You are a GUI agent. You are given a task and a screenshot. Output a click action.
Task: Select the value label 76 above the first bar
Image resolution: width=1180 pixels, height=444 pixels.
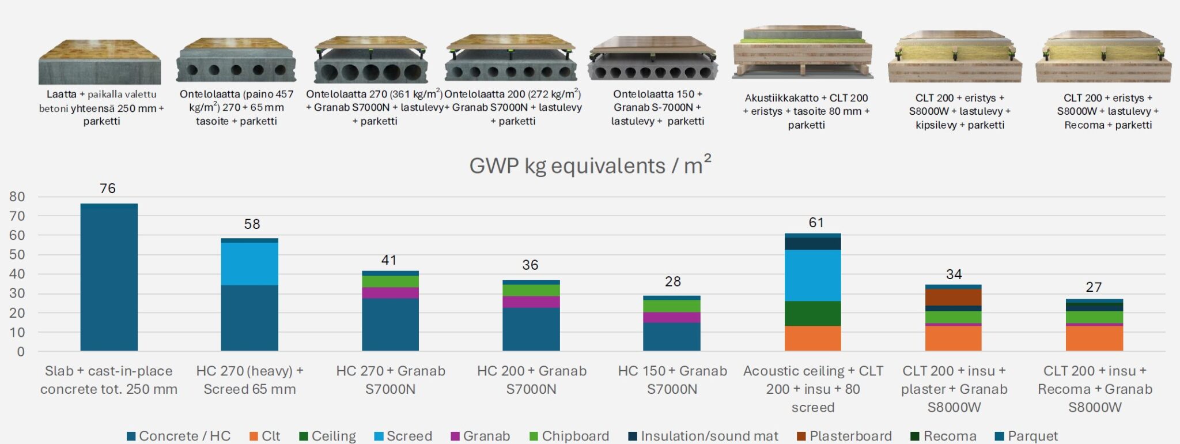pyautogui.click(x=108, y=189)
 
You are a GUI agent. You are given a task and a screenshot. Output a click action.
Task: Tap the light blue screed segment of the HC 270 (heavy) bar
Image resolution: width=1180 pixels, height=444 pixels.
pyautogui.click(x=249, y=264)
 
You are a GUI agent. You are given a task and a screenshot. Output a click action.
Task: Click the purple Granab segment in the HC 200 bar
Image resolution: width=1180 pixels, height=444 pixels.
pyautogui.click(x=531, y=302)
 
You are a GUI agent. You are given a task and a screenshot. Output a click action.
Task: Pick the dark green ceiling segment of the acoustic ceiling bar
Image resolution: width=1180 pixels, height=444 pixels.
pyautogui.click(x=812, y=313)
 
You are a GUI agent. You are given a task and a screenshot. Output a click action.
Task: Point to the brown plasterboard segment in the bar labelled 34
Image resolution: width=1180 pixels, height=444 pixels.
pyautogui.click(x=953, y=297)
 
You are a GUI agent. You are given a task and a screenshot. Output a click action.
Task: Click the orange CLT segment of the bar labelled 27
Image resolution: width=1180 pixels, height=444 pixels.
pyautogui.click(x=1094, y=338)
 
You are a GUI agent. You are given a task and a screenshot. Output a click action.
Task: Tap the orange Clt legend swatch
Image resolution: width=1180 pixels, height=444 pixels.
pyautogui.click(x=254, y=436)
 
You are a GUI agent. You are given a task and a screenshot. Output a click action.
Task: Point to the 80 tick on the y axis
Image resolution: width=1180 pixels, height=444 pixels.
pyautogui.click(x=17, y=197)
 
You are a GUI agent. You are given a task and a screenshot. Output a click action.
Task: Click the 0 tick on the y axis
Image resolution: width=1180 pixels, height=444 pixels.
pyautogui.click(x=21, y=352)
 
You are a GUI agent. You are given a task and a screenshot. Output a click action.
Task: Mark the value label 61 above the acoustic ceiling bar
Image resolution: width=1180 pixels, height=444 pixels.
pyautogui.click(x=816, y=223)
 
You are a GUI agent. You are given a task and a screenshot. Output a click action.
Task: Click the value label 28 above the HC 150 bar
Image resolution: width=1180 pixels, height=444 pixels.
pyautogui.click(x=672, y=281)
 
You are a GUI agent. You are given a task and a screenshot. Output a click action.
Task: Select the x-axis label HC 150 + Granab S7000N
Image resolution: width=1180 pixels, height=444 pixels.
pyautogui.click(x=672, y=380)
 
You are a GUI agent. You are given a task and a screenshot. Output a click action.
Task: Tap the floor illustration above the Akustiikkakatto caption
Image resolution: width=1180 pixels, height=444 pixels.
pyautogui.click(x=802, y=53)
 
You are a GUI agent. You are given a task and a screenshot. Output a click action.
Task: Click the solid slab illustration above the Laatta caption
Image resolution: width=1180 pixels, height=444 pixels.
pyautogui.click(x=100, y=62)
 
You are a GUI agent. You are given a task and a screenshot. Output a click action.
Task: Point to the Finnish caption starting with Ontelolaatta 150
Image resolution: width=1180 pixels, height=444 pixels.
pyautogui.click(x=657, y=107)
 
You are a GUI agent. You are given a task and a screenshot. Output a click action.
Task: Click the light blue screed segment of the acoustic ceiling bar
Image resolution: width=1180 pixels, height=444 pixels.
pyautogui.click(x=812, y=275)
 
